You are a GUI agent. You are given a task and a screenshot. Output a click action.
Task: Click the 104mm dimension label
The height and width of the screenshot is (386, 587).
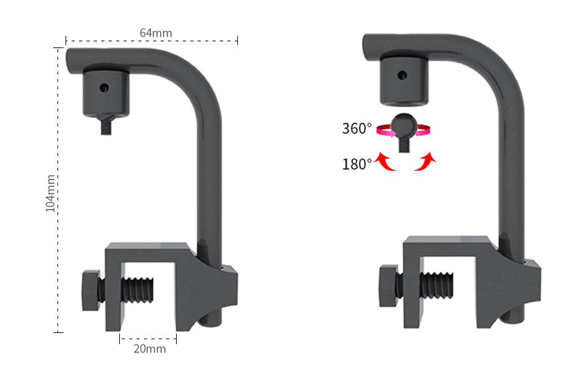pyautogui.click(x=51, y=193)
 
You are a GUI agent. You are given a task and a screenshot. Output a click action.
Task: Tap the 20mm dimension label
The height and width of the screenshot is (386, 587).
pyautogui.click(x=150, y=349)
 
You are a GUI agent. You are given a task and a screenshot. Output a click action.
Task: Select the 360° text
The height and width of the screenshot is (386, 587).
pyautogui.click(x=357, y=129)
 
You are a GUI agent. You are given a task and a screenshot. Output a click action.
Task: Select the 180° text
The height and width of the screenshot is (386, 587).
pyautogui.click(x=357, y=164)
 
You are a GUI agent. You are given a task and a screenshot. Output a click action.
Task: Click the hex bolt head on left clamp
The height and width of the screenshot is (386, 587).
pyautogui.click(x=91, y=290)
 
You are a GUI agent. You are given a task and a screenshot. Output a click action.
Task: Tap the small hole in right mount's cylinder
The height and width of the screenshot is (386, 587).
pyautogui.click(x=402, y=75)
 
